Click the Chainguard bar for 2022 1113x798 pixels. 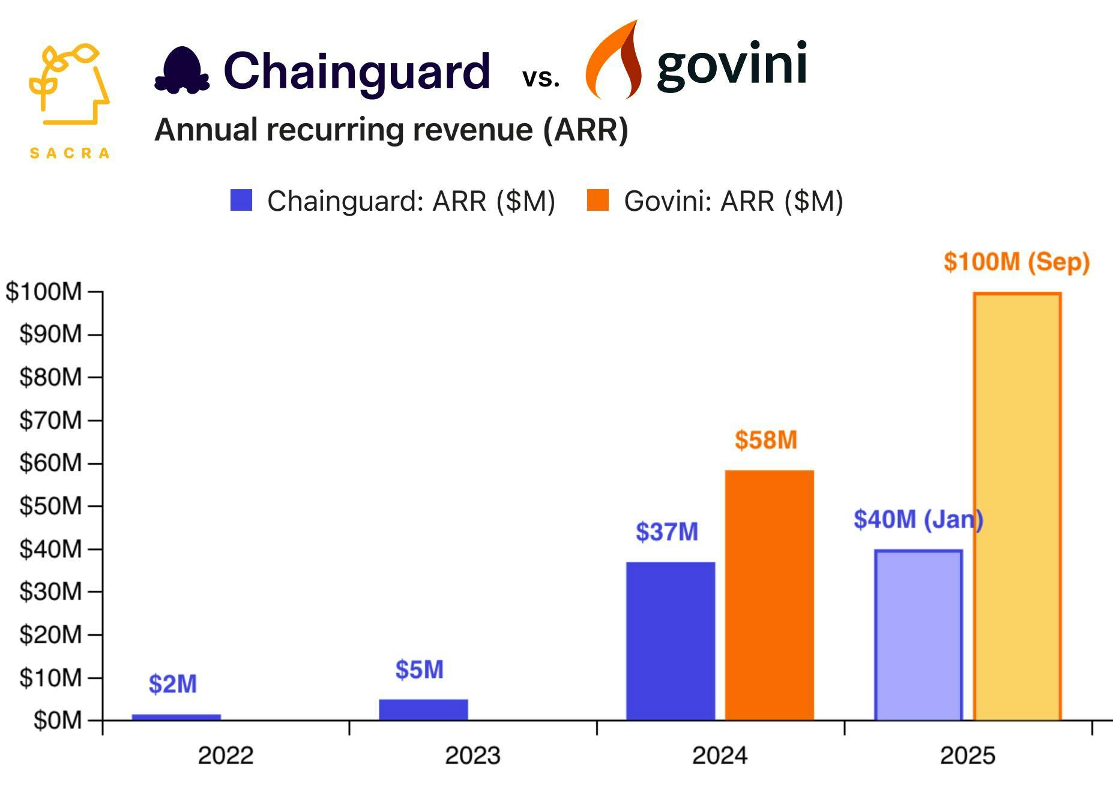176,716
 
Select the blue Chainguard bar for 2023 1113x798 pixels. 423,709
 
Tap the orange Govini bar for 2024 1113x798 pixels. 769,594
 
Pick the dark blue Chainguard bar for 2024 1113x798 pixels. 670,641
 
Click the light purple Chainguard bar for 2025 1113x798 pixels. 918,635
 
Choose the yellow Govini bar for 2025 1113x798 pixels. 1017,506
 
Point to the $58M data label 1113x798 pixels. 765,440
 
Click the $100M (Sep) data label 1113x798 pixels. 1016,262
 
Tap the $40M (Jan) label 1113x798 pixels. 918,519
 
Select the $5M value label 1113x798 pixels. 419,670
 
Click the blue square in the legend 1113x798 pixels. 241,201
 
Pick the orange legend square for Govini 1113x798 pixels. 597,201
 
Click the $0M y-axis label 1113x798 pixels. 57,720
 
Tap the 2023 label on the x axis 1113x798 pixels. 472,755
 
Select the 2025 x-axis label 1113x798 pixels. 967,755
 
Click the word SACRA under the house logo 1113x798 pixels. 70,153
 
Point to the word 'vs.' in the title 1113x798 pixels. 540,77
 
